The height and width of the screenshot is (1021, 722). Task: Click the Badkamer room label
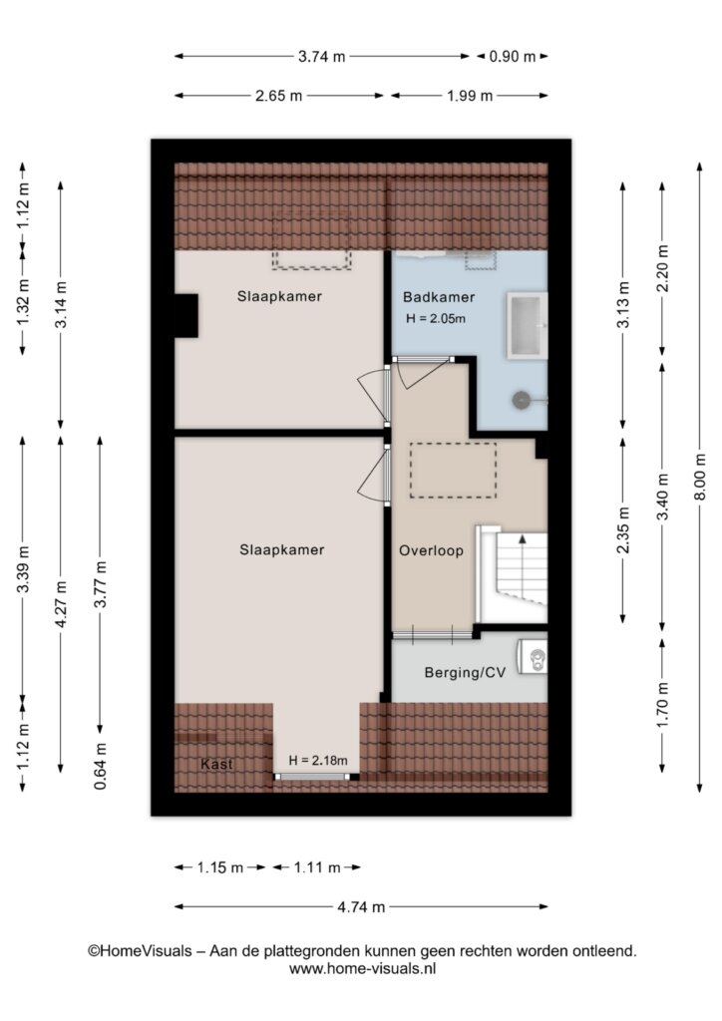[438, 297]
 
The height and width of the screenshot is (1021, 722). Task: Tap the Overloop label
[431, 550]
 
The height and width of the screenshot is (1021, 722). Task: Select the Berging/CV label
[465, 673]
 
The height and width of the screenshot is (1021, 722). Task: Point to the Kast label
[216, 764]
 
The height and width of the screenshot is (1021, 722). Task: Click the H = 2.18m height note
[318, 760]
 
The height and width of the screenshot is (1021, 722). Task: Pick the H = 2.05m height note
[436, 319]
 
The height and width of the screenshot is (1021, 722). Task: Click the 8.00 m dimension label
[700, 478]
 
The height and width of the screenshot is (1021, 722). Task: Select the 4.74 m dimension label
[361, 906]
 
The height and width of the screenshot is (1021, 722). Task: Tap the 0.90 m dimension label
[513, 57]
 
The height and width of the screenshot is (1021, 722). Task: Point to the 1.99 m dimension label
[470, 96]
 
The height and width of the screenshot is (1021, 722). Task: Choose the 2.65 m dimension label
[278, 96]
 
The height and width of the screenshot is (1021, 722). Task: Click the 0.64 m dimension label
[101, 767]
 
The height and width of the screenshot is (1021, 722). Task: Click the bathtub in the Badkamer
[527, 326]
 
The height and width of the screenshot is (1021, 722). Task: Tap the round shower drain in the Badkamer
[522, 400]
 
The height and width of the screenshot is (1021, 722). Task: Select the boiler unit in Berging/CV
[533, 657]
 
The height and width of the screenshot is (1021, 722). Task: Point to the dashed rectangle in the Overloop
[453, 471]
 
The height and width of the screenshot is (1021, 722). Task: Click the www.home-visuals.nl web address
[362, 968]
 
